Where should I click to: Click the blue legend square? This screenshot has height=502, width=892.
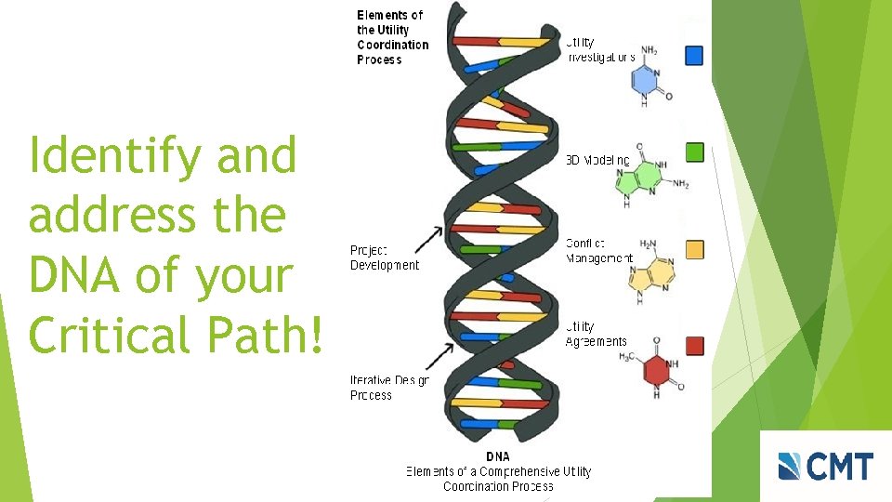[x=694, y=56]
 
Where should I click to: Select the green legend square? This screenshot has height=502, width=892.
[x=694, y=152]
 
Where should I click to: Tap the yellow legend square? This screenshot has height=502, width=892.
[x=694, y=249]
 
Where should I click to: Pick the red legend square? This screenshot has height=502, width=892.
[x=694, y=346]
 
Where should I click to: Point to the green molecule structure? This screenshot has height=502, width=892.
[x=650, y=173]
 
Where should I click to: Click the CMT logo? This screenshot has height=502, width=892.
[x=825, y=466]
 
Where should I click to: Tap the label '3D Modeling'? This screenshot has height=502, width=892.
[x=598, y=161]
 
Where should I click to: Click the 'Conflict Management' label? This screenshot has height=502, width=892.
[x=598, y=251]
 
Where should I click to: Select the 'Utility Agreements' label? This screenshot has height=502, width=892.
[x=596, y=335]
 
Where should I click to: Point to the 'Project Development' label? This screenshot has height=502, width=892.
[x=384, y=258]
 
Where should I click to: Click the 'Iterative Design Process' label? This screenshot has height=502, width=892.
[x=389, y=388]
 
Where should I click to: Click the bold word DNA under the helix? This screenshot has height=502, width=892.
[x=497, y=456]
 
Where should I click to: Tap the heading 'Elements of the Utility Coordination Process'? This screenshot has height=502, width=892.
[x=392, y=37]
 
